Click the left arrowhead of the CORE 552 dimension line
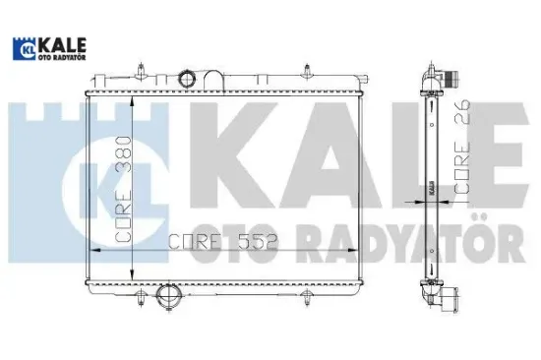pos(93,252)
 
